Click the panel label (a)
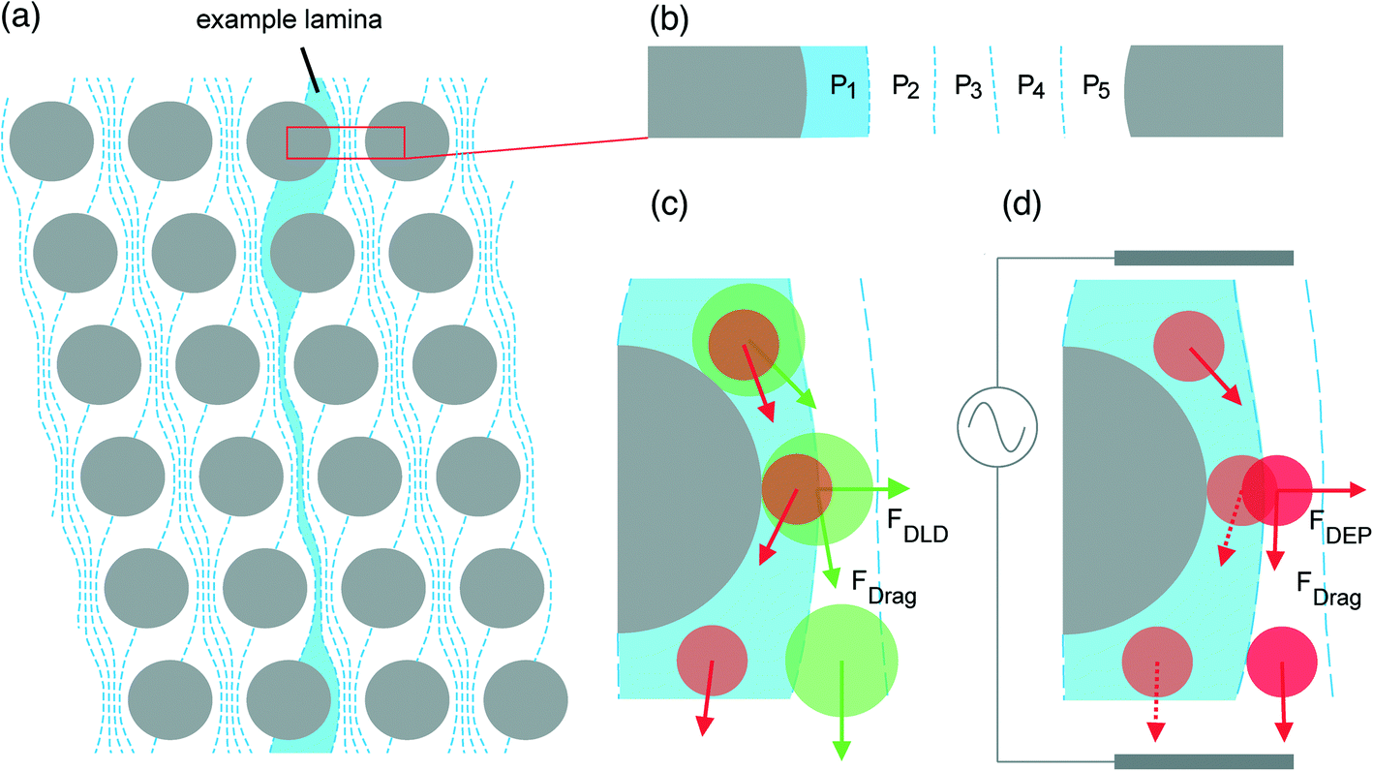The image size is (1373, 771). pos(20,19)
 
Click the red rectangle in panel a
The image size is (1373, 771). pos(346,142)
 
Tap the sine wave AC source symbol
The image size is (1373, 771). pos(997,426)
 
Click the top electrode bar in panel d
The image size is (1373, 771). pos(1204,258)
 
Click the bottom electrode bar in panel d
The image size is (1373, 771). pos(1204,761)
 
